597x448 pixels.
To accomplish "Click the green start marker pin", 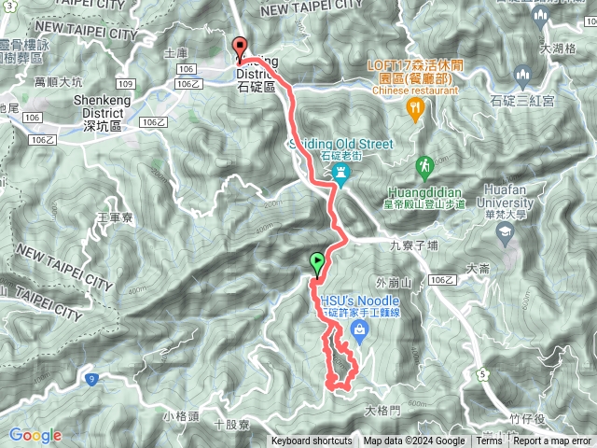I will click(318, 264).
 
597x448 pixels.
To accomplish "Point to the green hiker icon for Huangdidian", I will click(426, 167).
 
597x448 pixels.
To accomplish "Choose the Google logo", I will click(35, 435).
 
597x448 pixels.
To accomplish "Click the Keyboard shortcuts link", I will click(312, 441).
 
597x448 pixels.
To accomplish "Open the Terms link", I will click(489, 441).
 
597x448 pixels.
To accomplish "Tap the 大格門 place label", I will click(382, 410).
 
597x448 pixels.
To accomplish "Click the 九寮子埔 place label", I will click(413, 245).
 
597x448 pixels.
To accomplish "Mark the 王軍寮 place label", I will click(117, 217).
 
